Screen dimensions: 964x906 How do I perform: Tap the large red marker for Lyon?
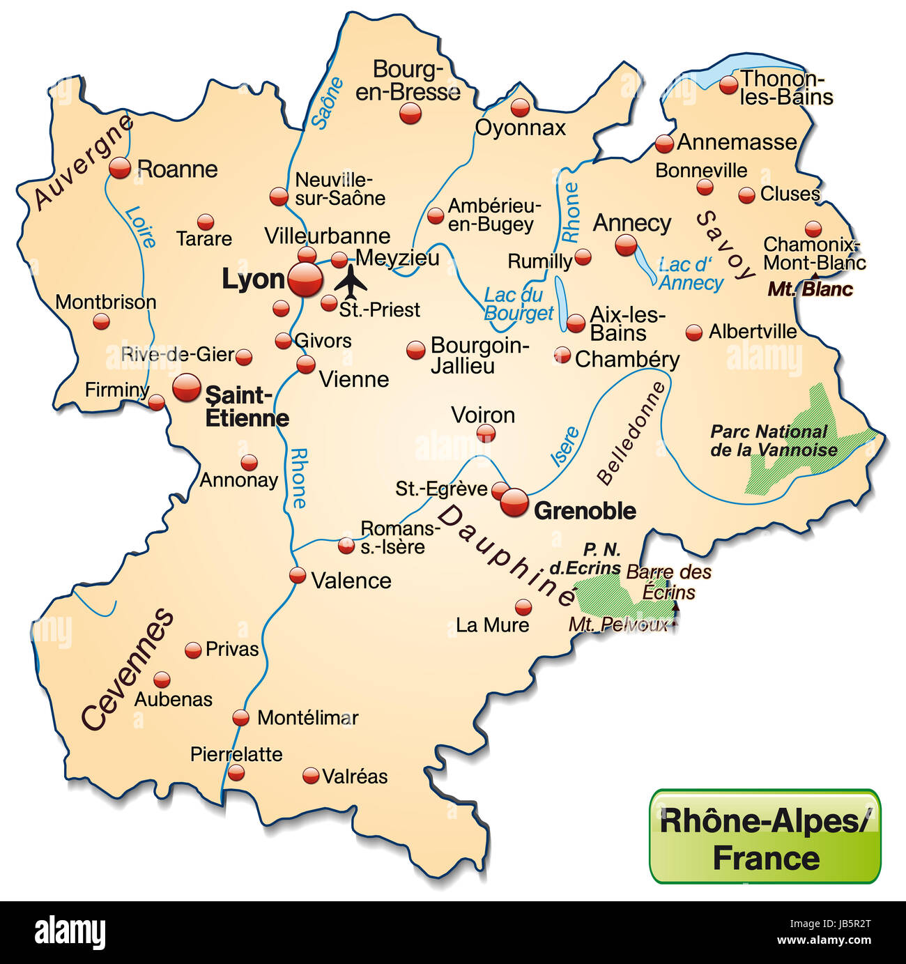tap(306, 280)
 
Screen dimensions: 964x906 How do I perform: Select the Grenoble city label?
tap(584, 511)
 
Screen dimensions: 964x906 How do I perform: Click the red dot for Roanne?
tap(120, 168)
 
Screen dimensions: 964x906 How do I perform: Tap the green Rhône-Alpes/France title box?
tap(765, 837)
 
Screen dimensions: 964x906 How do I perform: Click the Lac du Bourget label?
tap(518, 304)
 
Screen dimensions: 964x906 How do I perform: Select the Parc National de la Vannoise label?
tap(772, 441)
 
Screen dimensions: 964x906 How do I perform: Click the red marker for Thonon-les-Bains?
tap(728, 85)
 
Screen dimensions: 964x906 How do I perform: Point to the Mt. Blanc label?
tap(810, 289)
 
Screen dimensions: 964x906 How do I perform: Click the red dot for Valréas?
tap(311, 775)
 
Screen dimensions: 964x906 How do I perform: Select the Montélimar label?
tap(307, 717)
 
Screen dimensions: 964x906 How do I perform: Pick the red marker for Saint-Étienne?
tap(186, 387)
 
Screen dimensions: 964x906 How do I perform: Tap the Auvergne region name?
tap(82, 162)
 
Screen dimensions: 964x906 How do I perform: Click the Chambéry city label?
tap(627, 359)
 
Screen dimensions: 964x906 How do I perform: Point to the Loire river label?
tap(140, 227)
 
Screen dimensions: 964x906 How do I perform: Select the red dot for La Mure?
tap(523, 606)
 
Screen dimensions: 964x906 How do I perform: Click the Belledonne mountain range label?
tap(631, 433)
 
